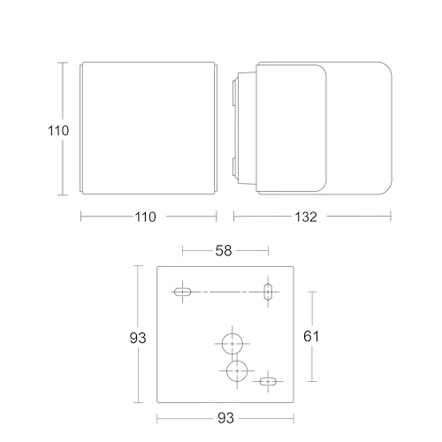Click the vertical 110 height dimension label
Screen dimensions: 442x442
(x=58, y=130)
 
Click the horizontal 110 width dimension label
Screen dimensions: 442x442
(x=145, y=217)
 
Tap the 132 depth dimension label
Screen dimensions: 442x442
(x=306, y=217)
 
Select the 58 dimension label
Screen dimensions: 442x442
(x=224, y=251)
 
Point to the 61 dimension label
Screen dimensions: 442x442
(x=311, y=336)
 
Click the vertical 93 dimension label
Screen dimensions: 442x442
(x=138, y=338)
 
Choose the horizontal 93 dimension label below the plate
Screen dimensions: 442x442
(x=225, y=418)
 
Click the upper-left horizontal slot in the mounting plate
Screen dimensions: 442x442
(x=182, y=292)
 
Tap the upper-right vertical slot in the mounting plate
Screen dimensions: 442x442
(x=268, y=292)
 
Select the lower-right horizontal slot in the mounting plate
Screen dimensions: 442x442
(x=268, y=382)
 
